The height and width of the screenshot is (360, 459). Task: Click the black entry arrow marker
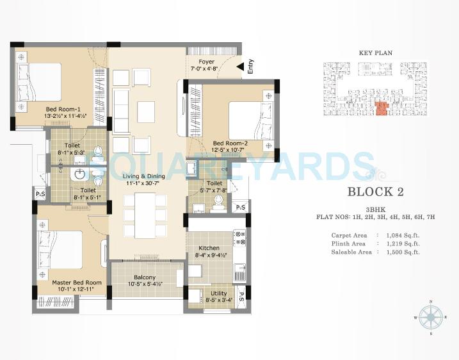click(x=239, y=65)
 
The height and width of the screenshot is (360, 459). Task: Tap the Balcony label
click(x=145, y=277)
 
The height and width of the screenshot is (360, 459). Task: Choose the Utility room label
click(x=219, y=293)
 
